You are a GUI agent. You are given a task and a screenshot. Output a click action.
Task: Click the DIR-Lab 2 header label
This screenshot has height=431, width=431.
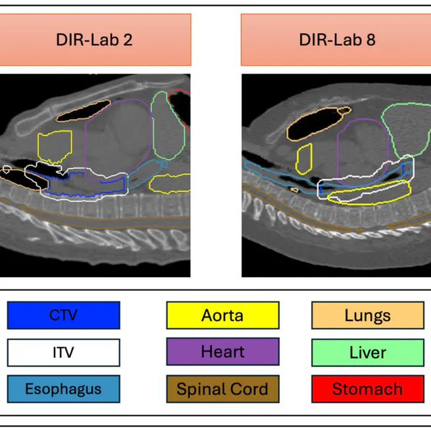click(94, 39)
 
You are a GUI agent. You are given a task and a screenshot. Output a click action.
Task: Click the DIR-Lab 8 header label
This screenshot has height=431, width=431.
click(336, 39)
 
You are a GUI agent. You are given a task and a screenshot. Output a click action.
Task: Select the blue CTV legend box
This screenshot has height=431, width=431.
click(63, 315)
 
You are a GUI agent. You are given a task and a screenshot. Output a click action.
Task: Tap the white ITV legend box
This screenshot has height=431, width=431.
click(63, 352)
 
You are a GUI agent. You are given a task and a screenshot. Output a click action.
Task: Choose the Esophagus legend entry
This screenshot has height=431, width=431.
click(63, 389)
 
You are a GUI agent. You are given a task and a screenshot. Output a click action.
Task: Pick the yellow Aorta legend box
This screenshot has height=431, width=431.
click(222, 315)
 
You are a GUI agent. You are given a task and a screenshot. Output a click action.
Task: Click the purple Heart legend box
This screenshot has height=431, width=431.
click(222, 352)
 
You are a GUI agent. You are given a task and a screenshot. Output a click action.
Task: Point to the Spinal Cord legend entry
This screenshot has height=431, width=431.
click(222, 389)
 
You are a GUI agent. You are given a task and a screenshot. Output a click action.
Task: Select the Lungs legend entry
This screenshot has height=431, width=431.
click(367, 315)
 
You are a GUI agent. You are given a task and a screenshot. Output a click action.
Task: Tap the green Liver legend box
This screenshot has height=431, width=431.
click(367, 352)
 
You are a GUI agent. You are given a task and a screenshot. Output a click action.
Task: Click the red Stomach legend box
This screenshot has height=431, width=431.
click(367, 389)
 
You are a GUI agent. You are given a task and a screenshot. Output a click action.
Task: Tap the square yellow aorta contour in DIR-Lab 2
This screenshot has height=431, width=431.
click(55, 146)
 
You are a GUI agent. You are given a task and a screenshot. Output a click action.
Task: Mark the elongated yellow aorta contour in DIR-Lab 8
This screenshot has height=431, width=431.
click(368, 191)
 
